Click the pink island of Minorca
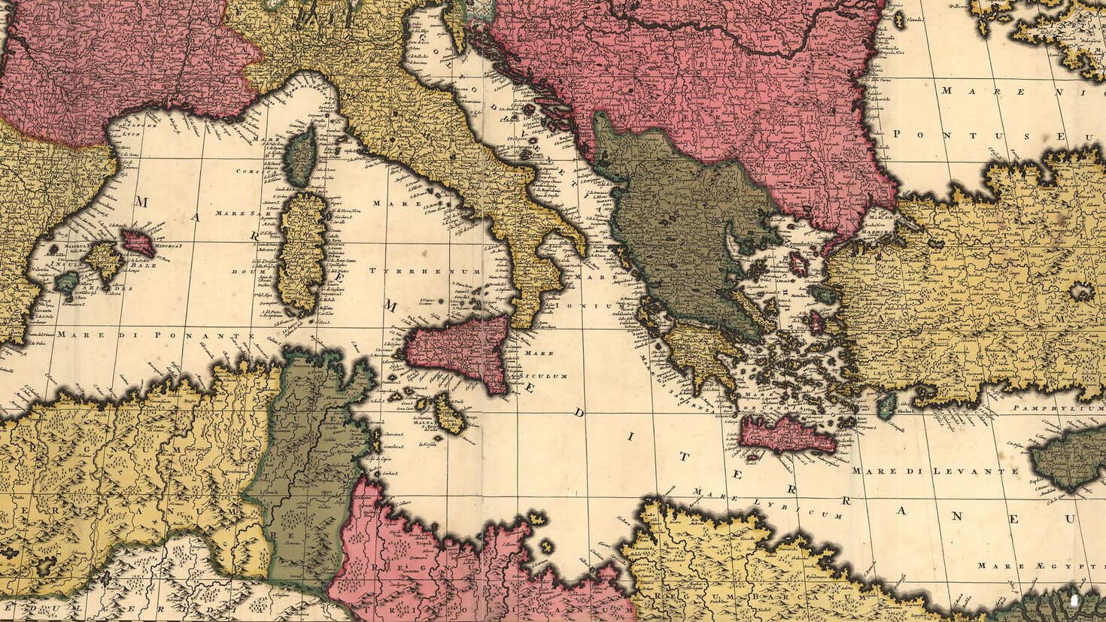(x=139, y=242)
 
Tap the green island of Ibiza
(x=67, y=282)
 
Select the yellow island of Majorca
(x=104, y=259)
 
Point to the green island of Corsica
(x=302, y=156)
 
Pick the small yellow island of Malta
(x=451, y=416)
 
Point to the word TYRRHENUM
(x=424, y=270)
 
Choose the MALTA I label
(x=425, y=423)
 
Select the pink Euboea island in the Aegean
(x=797, y=262)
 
